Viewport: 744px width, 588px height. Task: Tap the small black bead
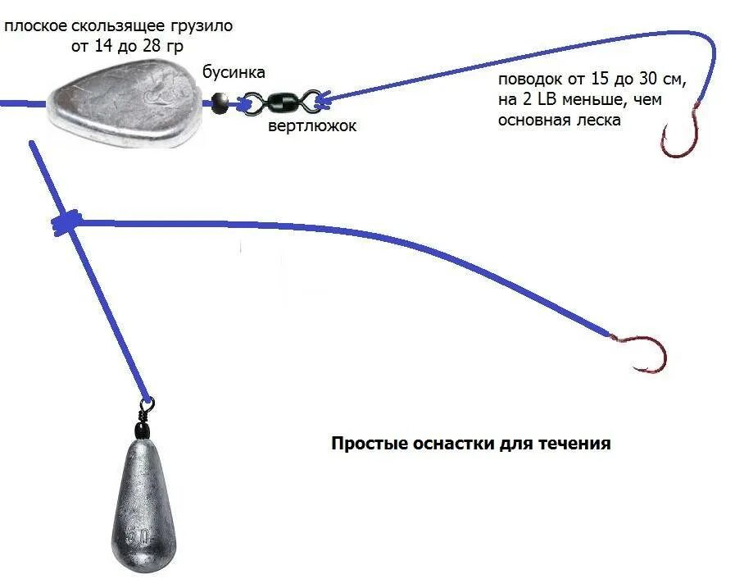pos(219,102)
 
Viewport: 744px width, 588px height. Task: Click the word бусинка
pos(234,72)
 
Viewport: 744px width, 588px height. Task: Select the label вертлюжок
pos(313,127)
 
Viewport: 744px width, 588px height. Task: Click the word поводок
pos(527,80)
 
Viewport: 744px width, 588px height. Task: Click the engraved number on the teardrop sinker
pos(137,539)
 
